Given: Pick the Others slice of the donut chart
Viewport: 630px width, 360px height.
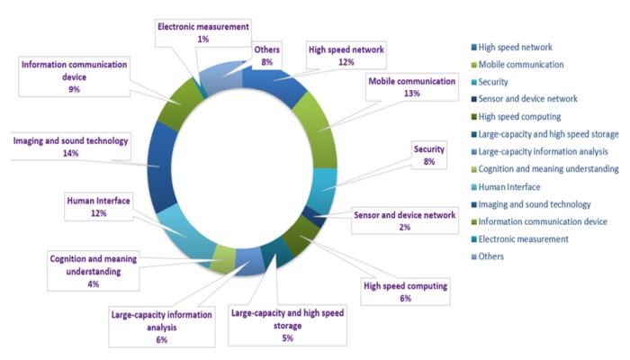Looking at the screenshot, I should click(219, 76).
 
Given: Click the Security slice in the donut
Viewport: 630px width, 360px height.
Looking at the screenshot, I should click(320, 188).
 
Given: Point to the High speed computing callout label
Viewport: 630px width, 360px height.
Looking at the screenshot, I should click(405, 292).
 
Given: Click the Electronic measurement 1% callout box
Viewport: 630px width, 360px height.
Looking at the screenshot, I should click(202, 33).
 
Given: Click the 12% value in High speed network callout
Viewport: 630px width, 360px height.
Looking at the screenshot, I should click(345, 62).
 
